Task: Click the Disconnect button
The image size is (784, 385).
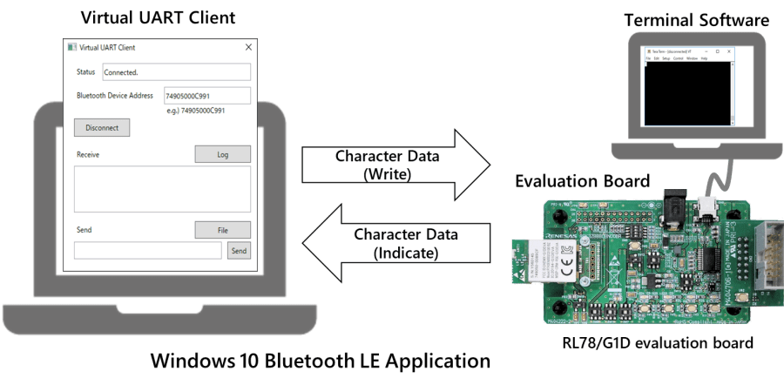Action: click(102, 127)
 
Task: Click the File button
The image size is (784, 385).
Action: click(222, 230)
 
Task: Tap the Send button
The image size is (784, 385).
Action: click(239, 251)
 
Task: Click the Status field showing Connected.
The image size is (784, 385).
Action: click(176, 71)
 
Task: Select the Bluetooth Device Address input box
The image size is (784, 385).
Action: click(206, 96)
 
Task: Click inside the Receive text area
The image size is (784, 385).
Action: click(162, 188)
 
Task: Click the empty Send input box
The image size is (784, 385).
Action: click(148, 251)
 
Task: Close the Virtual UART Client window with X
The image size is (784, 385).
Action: click(248, 48)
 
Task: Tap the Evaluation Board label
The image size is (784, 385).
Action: click(582, 181)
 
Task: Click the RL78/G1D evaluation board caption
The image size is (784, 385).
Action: click(658, 342)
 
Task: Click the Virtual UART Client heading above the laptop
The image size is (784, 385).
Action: click(157, 17)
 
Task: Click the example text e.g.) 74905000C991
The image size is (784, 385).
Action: click(195, 111)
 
